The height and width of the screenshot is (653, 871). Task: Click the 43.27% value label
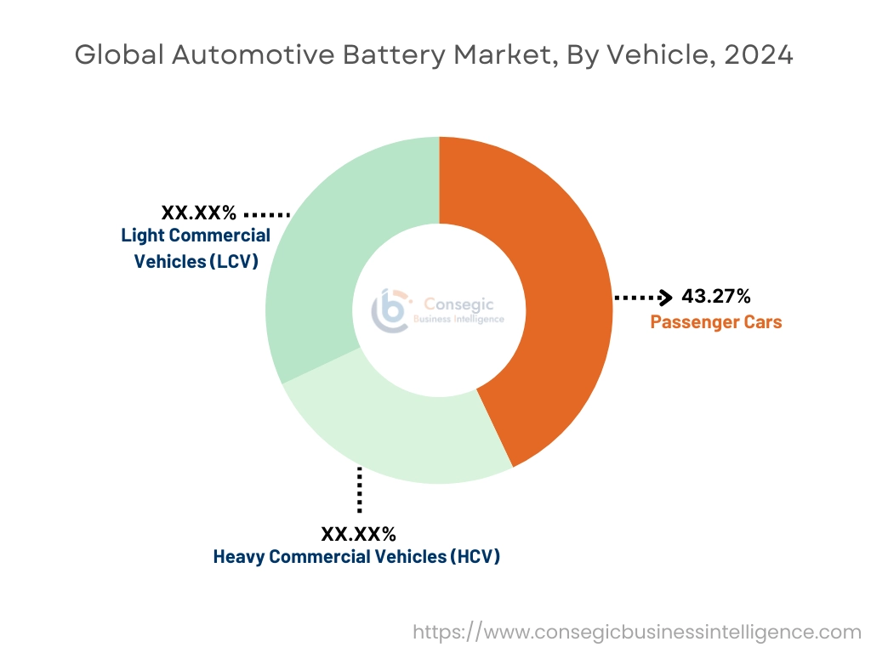tap(715, 297)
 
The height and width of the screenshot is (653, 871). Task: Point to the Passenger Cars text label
tap(715, 322)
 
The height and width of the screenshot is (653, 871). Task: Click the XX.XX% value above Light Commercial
tap(199, 212)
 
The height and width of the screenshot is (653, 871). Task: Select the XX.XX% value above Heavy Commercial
tap(358, 534)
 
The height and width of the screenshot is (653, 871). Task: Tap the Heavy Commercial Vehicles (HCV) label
tap(356, 557)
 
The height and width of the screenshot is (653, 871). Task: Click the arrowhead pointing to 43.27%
tap(666, 298)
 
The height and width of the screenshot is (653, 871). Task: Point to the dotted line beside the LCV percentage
tap(267, 213)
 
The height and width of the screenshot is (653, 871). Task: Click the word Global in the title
tap(119, 55)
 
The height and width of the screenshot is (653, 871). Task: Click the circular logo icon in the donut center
tap(390, 310)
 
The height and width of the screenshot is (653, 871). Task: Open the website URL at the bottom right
tap(636, 632)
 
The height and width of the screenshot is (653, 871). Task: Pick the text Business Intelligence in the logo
tap(458, 320)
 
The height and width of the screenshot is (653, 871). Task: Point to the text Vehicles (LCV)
tap(196, 261)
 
